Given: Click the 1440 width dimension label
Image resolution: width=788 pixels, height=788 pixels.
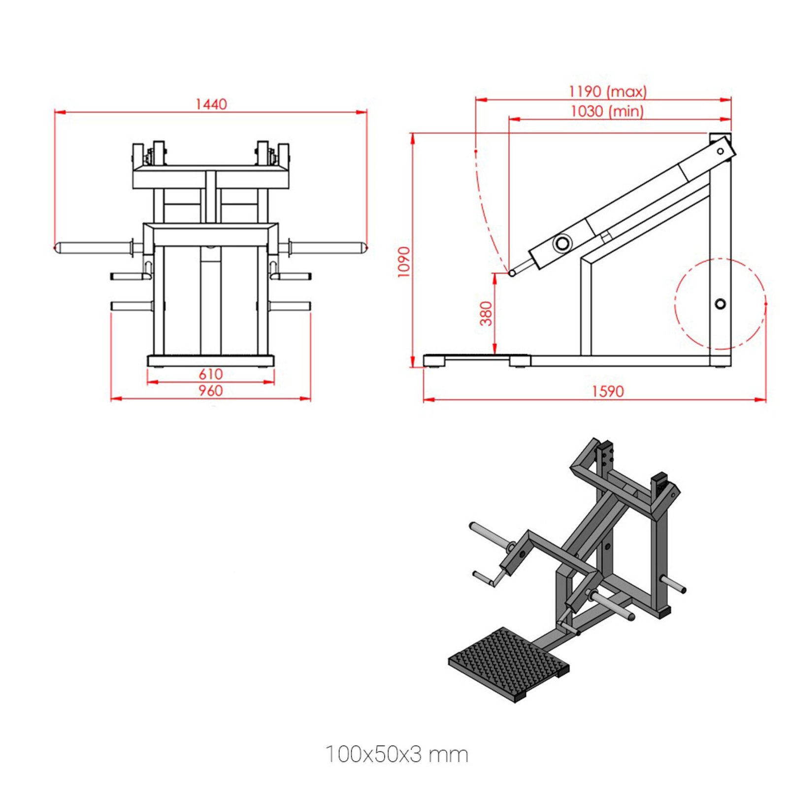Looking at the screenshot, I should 211,104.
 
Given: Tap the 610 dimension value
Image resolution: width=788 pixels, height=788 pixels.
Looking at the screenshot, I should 211,374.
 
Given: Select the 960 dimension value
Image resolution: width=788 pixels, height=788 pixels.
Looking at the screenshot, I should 211,391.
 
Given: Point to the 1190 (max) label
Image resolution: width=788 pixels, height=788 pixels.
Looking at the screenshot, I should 607,92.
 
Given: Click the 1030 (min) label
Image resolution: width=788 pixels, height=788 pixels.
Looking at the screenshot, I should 607,111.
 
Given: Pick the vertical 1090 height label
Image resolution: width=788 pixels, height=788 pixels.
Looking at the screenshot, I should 404,262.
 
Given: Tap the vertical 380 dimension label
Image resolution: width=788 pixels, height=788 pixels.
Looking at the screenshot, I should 486,314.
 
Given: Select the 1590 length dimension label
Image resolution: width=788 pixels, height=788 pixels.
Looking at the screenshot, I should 607,391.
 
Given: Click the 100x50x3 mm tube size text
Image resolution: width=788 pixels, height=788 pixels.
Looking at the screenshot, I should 396,754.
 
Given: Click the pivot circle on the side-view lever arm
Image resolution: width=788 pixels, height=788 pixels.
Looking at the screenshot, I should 562,243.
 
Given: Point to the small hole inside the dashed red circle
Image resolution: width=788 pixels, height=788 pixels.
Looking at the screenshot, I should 720,304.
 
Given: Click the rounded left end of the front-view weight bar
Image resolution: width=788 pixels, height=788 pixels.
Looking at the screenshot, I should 58,248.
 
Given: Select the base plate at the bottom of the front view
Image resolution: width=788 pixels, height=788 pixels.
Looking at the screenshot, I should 211,361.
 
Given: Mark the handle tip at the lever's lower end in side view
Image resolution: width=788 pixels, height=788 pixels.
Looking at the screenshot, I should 512,273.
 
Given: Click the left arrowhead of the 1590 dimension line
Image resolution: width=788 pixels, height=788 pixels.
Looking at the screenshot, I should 427,399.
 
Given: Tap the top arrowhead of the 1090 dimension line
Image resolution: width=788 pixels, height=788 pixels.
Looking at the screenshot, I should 413,137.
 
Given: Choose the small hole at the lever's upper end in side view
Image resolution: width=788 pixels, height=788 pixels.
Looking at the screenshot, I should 720,151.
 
